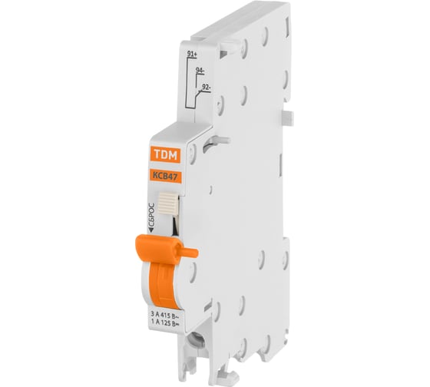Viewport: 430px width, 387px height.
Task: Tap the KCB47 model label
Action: (x=161, y=175)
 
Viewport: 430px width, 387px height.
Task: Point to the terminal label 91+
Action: (x=193, y=54)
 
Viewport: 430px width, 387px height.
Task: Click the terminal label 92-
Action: (x=205, y=88)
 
